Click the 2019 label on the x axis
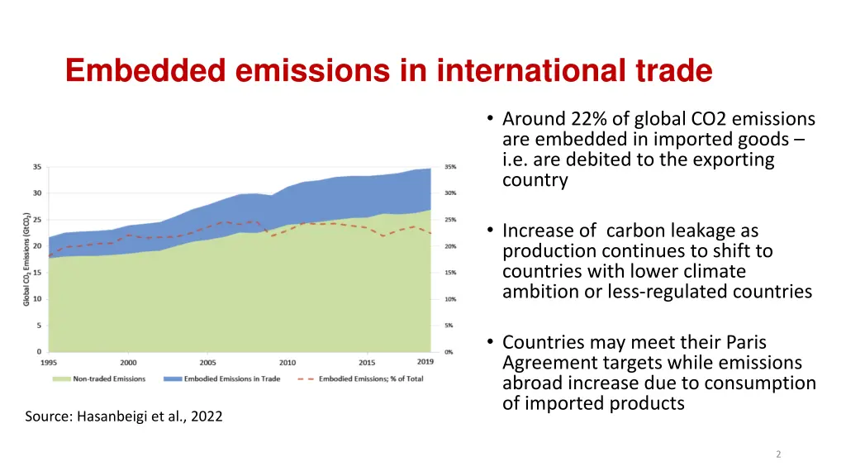click(425, 362)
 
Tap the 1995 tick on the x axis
click(50, 363)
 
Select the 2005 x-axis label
click(208, 363)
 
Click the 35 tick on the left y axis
click(37, 166)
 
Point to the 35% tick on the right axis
click(449, 167)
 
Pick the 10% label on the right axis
click(449, 299)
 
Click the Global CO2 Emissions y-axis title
click(26, 256)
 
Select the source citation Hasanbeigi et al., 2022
click(124, 416)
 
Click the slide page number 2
click(778, 454)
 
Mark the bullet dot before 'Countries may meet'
click(491, 342)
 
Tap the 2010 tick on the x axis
click(287, 363)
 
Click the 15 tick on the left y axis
click(37, 272)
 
